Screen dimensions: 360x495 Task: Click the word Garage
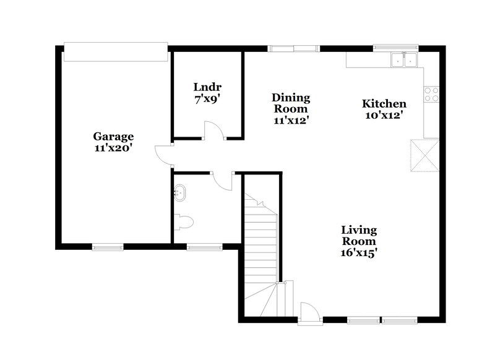click(113, 137)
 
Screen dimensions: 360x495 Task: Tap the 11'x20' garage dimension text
click(113, 148)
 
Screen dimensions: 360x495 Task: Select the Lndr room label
click(207, 87)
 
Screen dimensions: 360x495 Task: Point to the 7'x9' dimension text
click(207, 98)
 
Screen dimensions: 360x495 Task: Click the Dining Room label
click(291, 103)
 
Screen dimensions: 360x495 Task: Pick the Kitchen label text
click(384, 104)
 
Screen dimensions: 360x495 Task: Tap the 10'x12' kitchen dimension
click(384, 115)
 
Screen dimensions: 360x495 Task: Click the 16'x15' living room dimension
click(359, 252)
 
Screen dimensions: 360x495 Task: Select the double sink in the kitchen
click(403, 60)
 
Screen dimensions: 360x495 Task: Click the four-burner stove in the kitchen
click(431, 94)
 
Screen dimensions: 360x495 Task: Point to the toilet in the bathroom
click(184, 220)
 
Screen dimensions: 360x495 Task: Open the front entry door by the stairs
click(309, 312)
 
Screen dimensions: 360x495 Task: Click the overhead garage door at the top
click(115, 52)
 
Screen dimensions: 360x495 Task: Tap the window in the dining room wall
click(293, 48)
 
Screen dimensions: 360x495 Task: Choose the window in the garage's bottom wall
click(108, 247)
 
